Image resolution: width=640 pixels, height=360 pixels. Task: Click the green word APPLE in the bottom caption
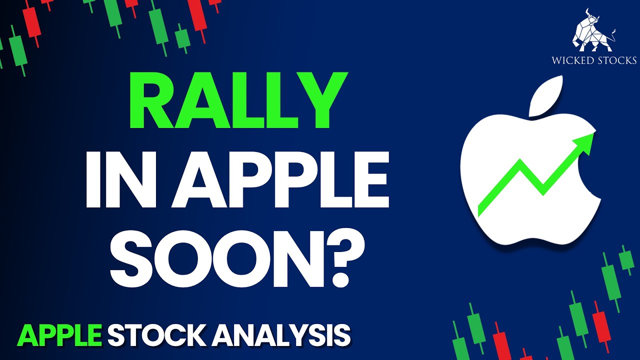(x=60, y=335)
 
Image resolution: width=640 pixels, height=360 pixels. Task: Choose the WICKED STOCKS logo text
(x=594, y=60)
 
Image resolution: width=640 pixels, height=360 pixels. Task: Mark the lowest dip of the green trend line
(x=543, y=190)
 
